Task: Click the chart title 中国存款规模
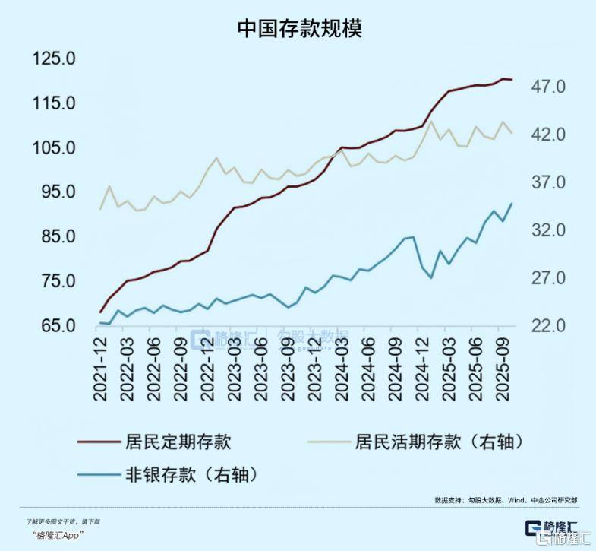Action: click(x=299, y=29)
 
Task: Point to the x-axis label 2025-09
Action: click(x=501, y=370)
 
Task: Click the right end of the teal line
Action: click(x=511, y=204)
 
